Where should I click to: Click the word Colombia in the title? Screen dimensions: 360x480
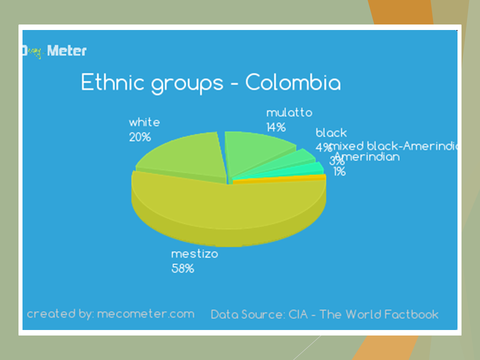[293, 82]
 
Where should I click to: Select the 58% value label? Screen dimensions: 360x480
[182, 268]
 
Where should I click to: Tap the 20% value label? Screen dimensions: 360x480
[140, 136]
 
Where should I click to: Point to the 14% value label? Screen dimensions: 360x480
[276, 127]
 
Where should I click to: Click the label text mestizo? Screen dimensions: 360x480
[194, 254]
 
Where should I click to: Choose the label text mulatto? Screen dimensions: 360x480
[289, 112]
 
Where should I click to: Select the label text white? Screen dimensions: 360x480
[144, 122]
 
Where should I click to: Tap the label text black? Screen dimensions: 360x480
[331, 133]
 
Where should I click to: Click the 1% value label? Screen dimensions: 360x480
[340, 172]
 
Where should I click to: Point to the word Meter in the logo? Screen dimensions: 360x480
[67, 50]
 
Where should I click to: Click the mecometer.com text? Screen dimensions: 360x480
[145, 314]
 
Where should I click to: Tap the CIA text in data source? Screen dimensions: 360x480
[298, 314]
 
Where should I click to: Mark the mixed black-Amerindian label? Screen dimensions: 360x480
[395, 146]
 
